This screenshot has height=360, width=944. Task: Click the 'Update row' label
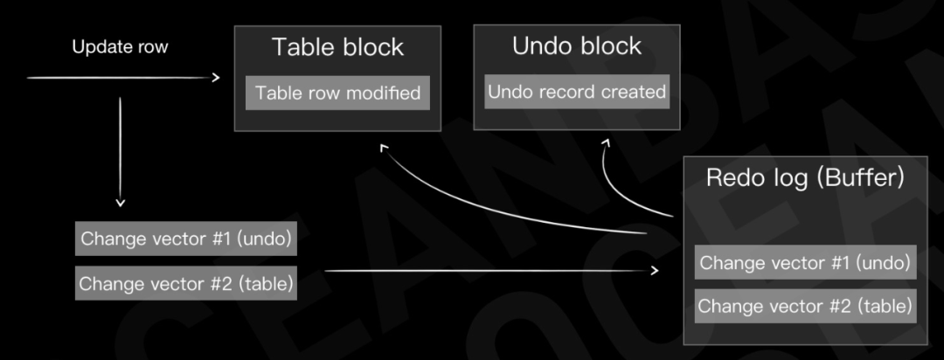120,47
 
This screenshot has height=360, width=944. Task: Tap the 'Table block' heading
337,47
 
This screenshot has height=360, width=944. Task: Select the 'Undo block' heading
577,46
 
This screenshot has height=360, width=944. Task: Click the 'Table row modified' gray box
337,93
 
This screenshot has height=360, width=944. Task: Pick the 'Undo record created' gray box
577,92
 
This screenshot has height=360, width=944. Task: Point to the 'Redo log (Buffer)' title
805,178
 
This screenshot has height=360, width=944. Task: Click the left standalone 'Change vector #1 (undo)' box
186,239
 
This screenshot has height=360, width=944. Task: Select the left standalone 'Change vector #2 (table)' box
186,283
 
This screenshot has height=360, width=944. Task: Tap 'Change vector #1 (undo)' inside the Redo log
806,262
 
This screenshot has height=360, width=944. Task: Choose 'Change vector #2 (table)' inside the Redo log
806,306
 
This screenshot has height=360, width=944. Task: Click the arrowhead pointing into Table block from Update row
216,78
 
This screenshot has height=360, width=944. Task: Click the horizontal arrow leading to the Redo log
491,271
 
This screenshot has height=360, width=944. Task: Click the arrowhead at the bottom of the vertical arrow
121,203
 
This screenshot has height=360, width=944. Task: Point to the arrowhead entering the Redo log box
655,271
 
